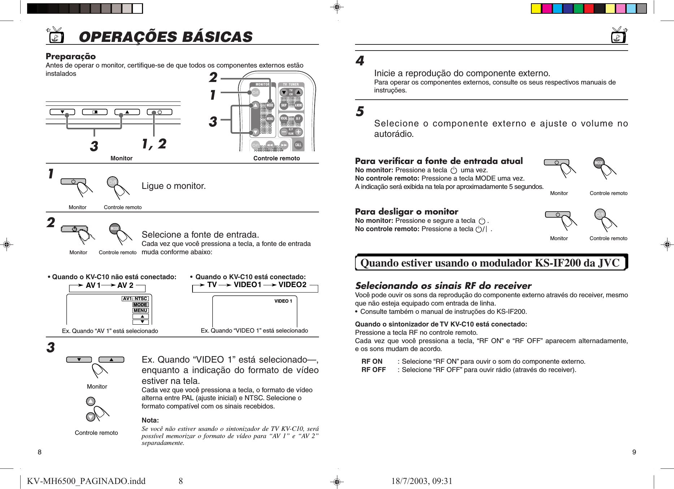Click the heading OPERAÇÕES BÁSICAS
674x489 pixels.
165,37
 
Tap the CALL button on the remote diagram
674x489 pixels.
298,145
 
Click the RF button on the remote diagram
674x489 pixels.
298,118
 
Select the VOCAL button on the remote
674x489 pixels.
284,118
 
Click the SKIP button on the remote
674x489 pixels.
284,105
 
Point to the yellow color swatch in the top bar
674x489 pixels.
536,9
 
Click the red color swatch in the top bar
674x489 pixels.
589,9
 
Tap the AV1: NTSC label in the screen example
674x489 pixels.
135,299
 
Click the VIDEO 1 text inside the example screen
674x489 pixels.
283,301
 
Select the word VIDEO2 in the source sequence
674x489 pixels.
292,285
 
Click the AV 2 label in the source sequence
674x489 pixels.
125,285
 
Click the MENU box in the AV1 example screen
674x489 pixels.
141,311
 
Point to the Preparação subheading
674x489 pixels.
71,56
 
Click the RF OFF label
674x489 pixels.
373,370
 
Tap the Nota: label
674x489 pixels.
150,420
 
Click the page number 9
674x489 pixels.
634,452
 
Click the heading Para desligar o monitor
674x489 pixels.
406,212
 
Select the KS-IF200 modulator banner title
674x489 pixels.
490,263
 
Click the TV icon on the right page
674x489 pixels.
619,35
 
